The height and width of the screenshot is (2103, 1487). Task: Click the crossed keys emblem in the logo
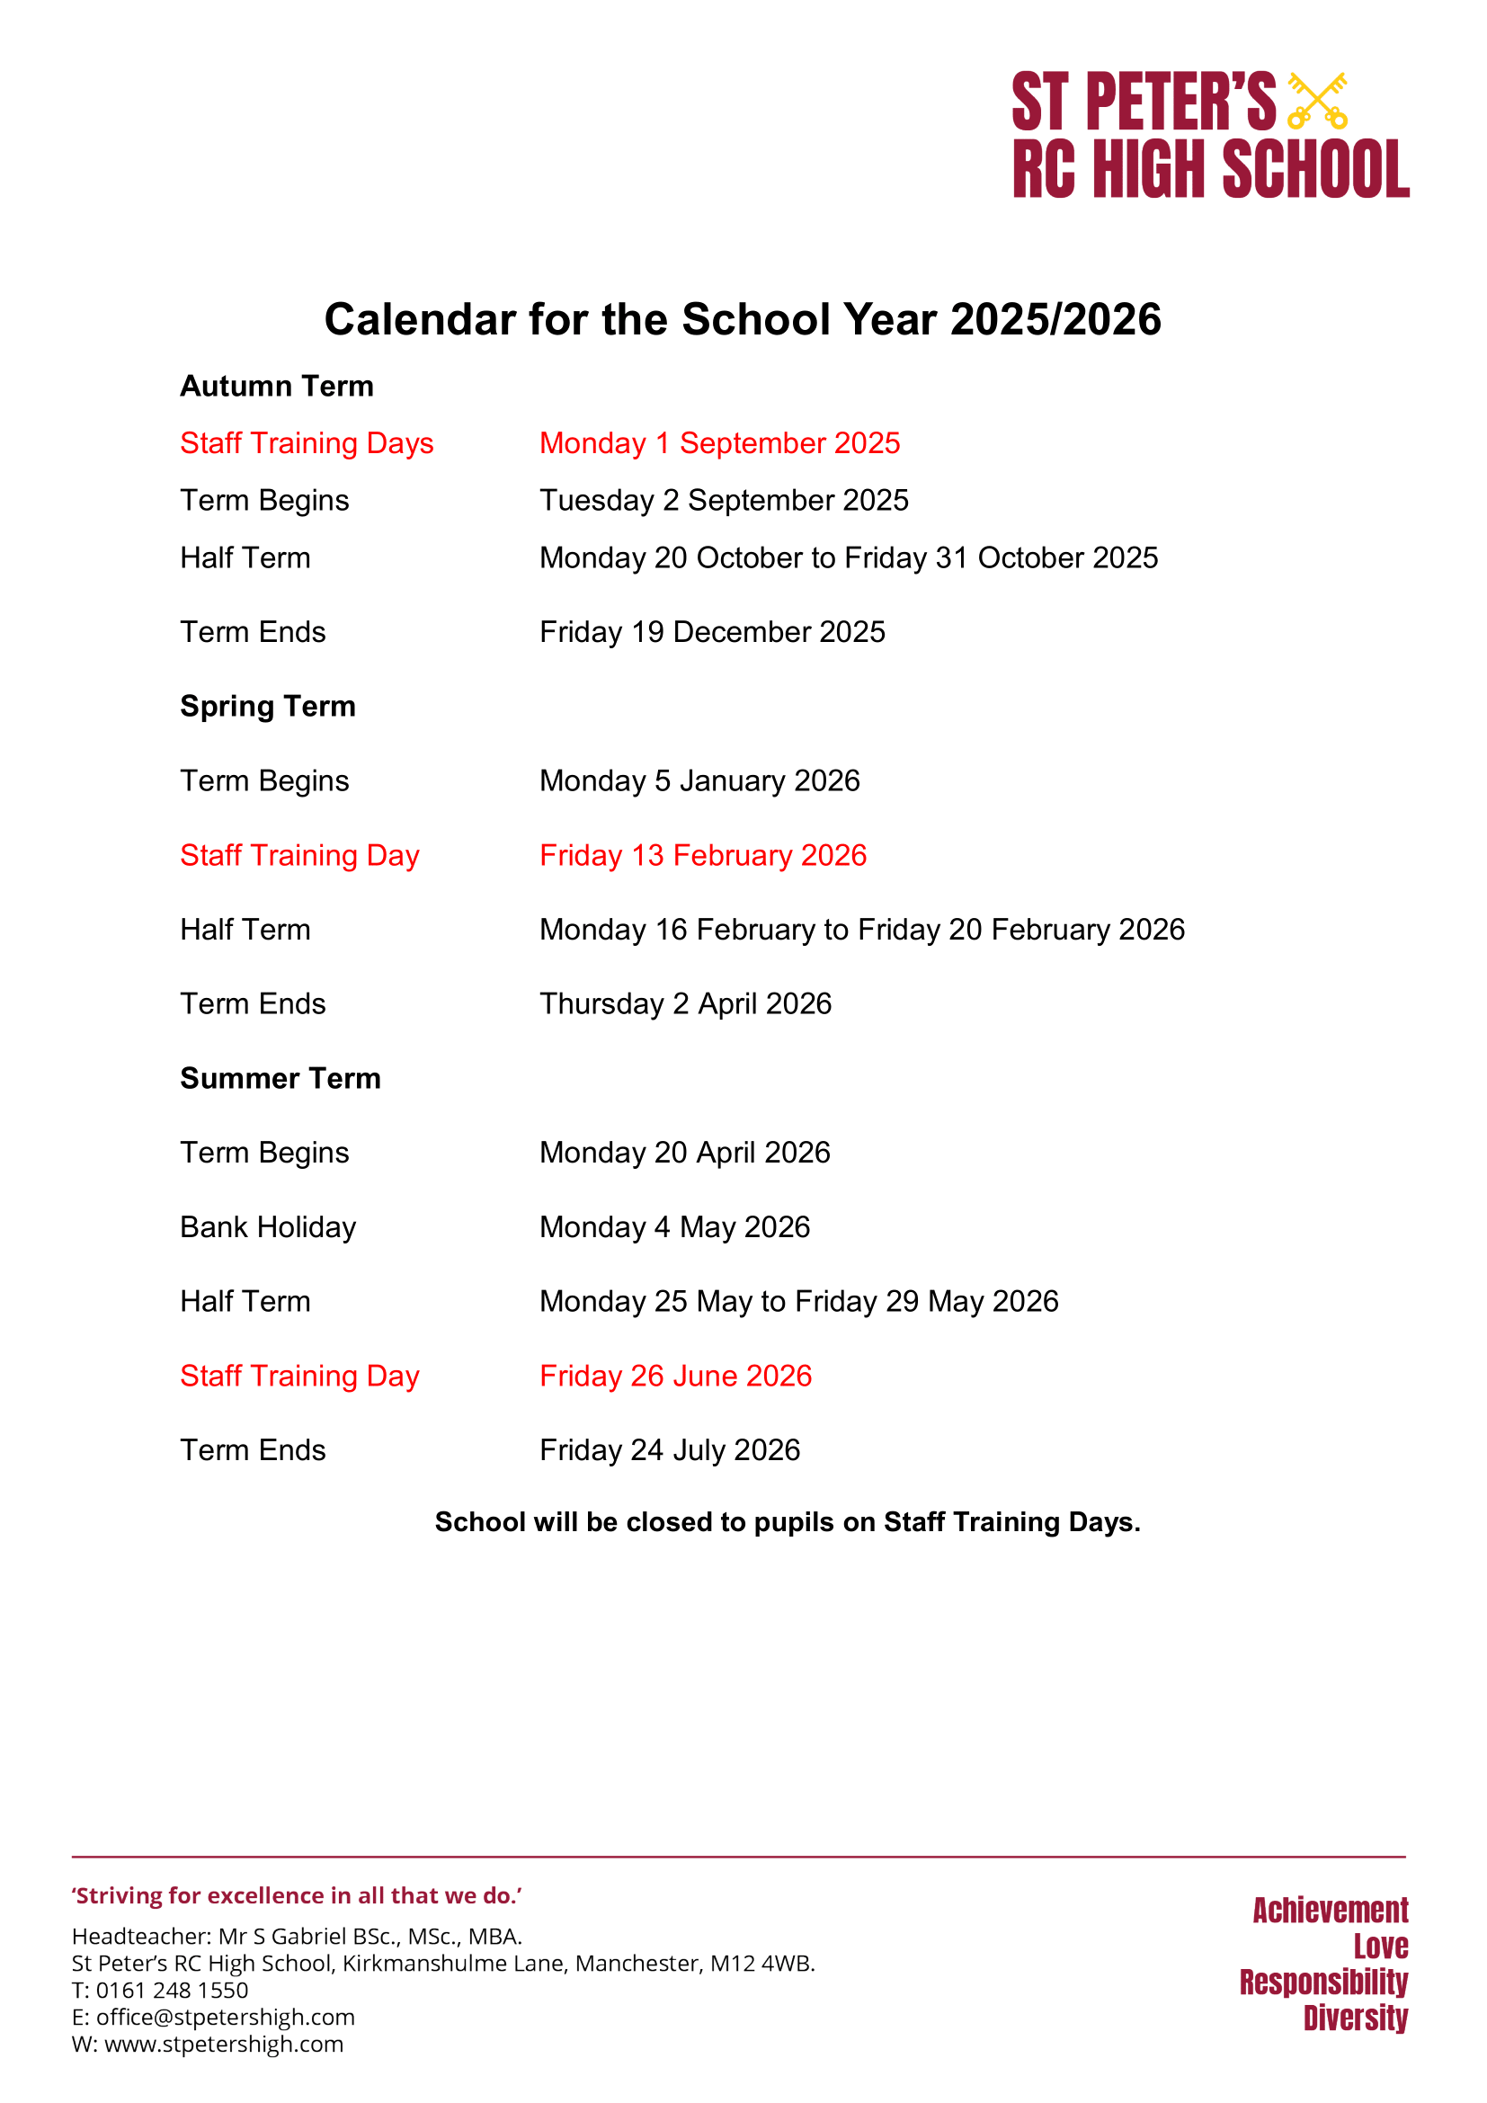1317,100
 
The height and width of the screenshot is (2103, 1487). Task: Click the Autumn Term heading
277,387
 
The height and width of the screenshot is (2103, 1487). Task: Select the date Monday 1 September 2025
720,443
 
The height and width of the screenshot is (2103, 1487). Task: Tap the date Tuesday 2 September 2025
724,501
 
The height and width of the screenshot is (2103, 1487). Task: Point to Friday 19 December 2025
711,632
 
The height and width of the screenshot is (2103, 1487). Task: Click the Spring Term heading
267,706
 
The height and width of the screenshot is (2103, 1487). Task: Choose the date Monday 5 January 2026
699,781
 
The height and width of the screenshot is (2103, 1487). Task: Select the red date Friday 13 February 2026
702,855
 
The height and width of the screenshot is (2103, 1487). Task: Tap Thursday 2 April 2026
685,1004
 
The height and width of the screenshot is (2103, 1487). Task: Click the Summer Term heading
280,1078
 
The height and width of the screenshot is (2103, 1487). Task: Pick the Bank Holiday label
267,1227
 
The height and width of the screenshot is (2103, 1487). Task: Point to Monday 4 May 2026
675,1227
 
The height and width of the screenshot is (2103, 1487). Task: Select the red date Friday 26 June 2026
675,1376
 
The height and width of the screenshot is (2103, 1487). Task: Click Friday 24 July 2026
670,1450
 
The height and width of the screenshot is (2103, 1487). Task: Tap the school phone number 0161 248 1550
172,1991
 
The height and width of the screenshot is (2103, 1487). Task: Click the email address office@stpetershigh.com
226,2017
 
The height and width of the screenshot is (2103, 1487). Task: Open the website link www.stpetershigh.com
224,2044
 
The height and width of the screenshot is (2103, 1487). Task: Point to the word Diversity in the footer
1355,2018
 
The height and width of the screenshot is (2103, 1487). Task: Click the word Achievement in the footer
1331,1911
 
